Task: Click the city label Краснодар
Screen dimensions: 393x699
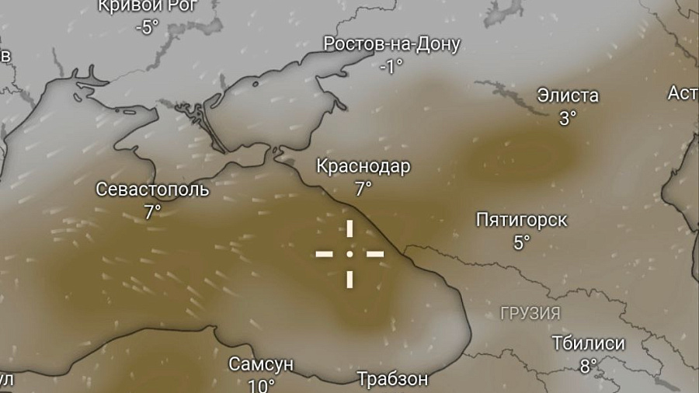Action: click(x=363, y=166)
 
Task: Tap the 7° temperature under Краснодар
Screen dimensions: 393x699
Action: click(x=363, y=188)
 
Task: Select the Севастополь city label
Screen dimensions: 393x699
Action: click(x=153, y=190)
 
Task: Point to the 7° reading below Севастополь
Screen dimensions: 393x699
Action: click(x=152, y=211)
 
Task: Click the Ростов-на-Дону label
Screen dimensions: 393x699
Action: click(x=391, y=44)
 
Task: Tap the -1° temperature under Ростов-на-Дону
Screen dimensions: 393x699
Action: click(x=391, y=66)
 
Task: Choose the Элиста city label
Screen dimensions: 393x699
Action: click(x=568, y=96)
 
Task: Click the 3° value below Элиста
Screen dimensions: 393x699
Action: click(x=568, y=118)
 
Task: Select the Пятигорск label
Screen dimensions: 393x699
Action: click(x=521, y=220)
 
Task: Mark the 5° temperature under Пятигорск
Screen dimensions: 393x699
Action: click(x=521, y=242)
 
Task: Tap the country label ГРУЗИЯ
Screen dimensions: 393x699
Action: click(x=530, y=314)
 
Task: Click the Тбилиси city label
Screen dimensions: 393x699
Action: click(x=588, y=343)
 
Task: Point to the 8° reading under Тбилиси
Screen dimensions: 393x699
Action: click(x=588, y=364)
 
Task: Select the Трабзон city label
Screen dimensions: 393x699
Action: click(x=392, y=379)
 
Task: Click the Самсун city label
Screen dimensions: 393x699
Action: click(x=261, y=364)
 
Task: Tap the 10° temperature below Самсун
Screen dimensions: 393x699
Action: click(x=261, y=384)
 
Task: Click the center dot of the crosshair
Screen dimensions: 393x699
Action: click(x=349, y=253)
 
